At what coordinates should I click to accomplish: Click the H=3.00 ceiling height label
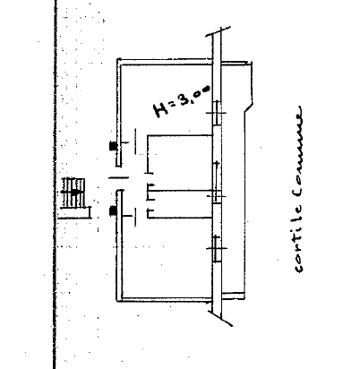pyautogui.click(x=182, y=101)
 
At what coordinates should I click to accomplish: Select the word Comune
pyautogui.click(x=298, y=151)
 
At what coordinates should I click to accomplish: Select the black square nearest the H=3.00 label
pyautogui.click(x=113, y=146)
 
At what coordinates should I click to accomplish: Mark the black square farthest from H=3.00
pyautogui.click(x=113, y=210)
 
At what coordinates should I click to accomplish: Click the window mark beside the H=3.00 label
pyautogui.click(x=217, y=113)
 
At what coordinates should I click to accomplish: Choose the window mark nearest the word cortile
pyautogui.click(x=217, y=248)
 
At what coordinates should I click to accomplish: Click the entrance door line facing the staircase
pyautogui.click(x=119, y=178)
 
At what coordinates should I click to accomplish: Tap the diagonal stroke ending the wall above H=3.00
pyautogui.click(x=218, y=31)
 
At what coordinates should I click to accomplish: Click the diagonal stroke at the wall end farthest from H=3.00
pyautogui.click(x=220, y=318)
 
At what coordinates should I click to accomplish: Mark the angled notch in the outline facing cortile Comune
pyautogui.click(x=249, y=107)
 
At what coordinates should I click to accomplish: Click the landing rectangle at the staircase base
pyautogui.click(x=74, y=213)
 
